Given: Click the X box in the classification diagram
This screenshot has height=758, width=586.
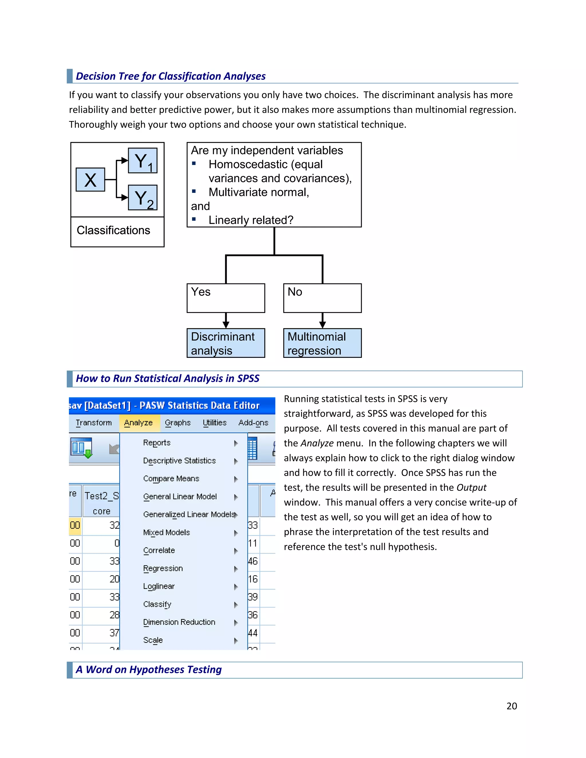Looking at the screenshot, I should point(90,180).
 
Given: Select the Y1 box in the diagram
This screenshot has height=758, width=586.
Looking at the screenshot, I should point(143,161).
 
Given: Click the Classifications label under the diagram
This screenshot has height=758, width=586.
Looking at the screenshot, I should point(114,231).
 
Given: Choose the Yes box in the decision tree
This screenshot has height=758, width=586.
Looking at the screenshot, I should point(226,298).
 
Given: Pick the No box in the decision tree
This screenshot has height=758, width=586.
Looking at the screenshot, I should point(322,298).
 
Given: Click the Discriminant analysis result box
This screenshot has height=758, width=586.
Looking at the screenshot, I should point(226,343).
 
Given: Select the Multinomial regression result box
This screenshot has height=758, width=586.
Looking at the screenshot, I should point(322,343).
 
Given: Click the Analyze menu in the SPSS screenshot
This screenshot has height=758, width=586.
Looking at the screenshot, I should point(138,423).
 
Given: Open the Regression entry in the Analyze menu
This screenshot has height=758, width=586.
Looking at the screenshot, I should point(163,569).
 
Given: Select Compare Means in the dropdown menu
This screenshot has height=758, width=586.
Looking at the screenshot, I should point(171,479).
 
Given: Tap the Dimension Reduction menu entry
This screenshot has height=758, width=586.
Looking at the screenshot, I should point(179,622).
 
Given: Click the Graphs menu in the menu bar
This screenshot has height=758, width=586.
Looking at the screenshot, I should point(178,423).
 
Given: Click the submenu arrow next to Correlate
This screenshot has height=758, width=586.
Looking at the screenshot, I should point(236,551).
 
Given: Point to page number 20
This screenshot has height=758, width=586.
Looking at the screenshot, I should point(511,706).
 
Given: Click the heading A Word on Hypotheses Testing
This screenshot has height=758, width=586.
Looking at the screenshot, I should point(149,670).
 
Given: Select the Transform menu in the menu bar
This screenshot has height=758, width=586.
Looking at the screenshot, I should point(94,423).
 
